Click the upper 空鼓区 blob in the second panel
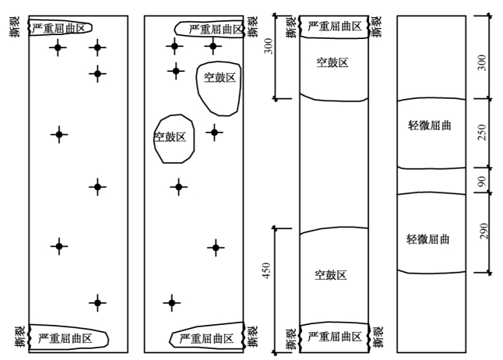(x=219, y=78)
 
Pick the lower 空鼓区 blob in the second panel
(x=170, y=137)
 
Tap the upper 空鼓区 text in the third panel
(x=332, y=62)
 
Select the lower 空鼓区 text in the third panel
(x=330, y=275)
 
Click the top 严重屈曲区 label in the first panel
(x=61, y=28)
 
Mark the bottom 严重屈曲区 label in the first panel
(x=65, y=339)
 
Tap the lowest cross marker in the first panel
(x=97, y=302)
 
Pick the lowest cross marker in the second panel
(x=171, y=302)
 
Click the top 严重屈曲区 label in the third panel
(x=335, y=26)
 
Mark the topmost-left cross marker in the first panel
(x=57, y=48)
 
